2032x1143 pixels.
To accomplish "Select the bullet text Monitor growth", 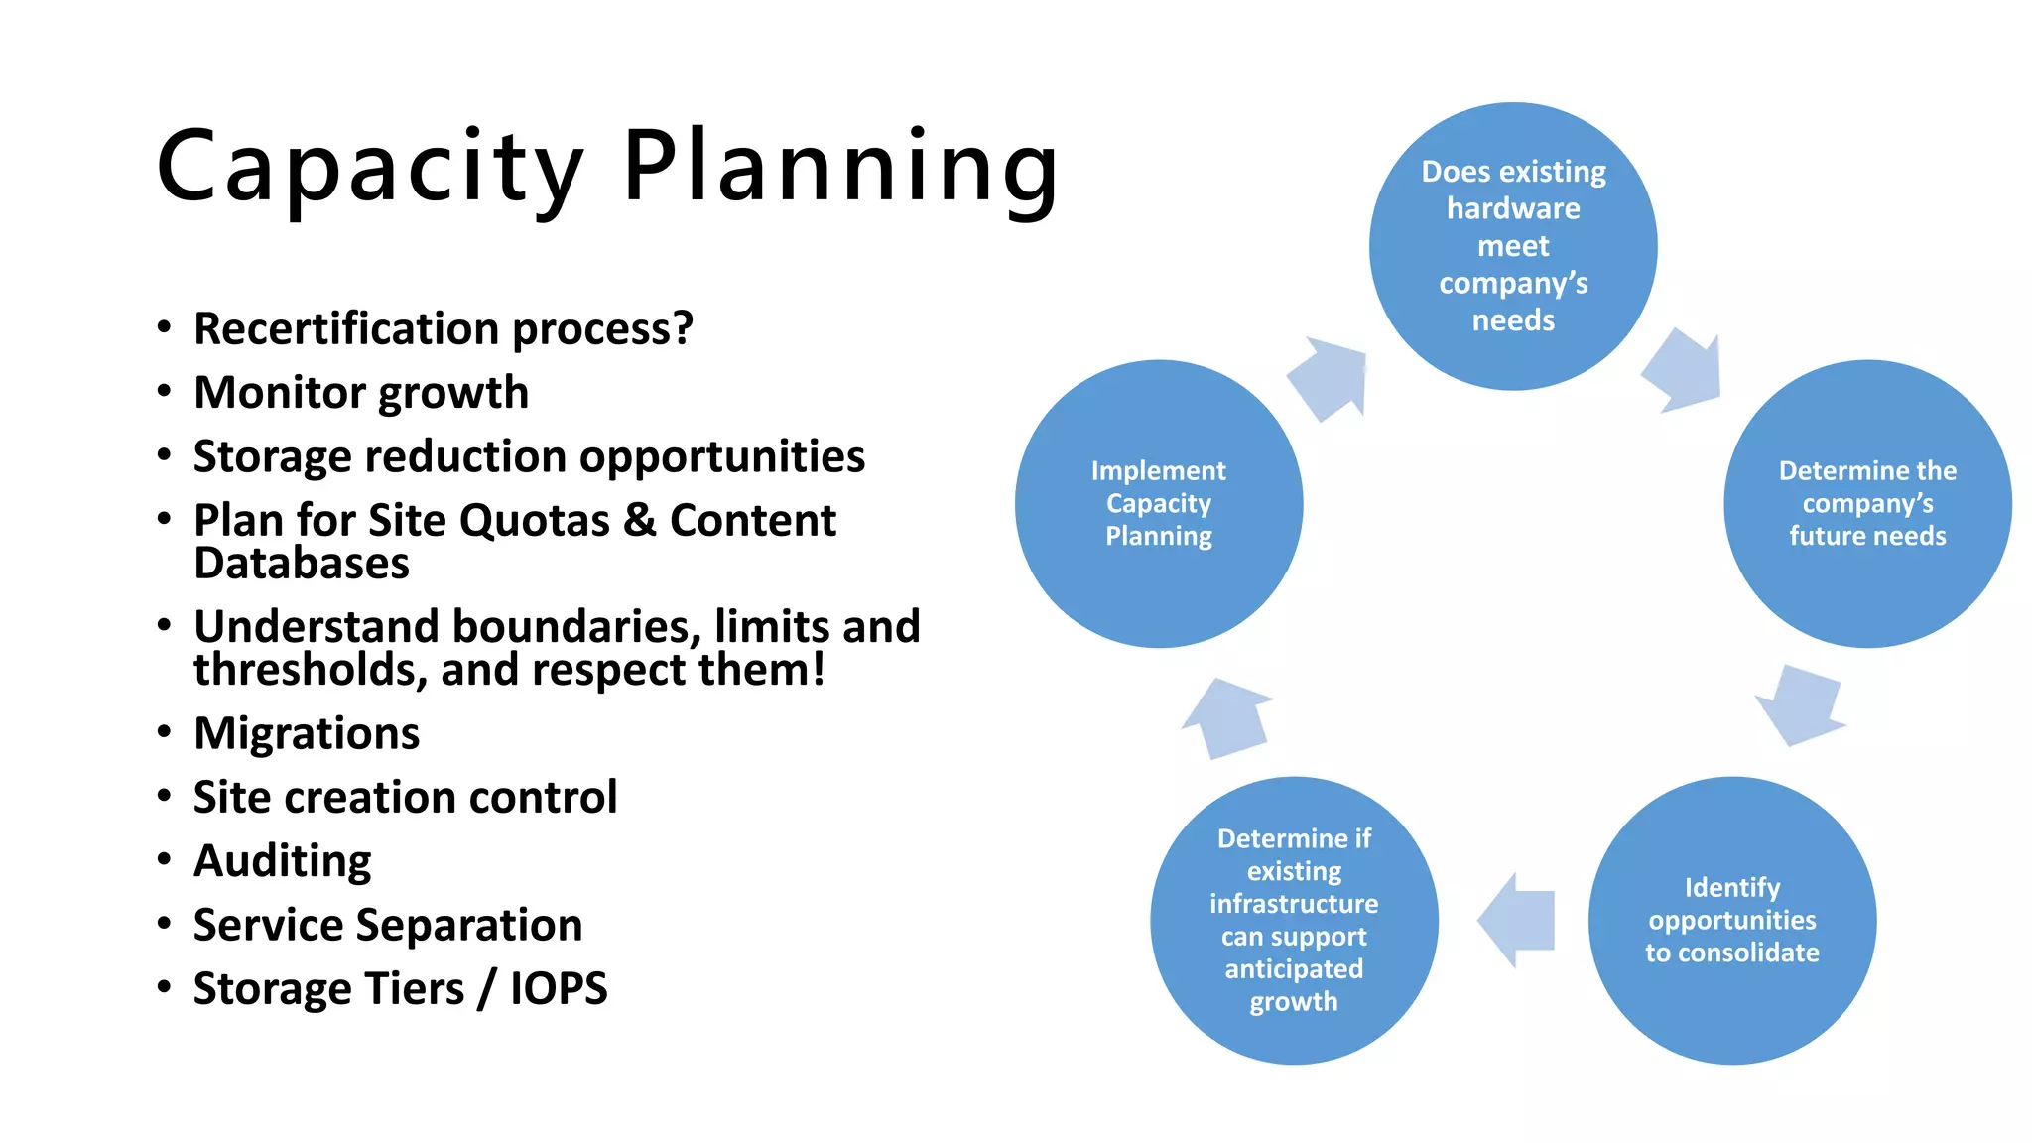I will click(361, 393).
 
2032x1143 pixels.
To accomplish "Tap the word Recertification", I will click(347, 329).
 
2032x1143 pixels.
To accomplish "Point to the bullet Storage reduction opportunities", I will click(529, 457).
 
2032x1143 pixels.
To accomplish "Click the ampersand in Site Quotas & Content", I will click(640, 520).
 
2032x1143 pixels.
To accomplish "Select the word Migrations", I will click(307, 734).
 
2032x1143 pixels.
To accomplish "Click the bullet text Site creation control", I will click(405, 798).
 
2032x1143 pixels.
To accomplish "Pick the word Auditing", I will click(283, 861).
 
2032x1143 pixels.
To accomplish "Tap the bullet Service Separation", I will click(388, 926).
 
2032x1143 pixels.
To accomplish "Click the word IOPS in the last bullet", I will click(559, 989).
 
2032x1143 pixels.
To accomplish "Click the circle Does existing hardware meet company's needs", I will click(1513, 246).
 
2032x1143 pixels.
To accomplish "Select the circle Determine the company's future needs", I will click(1867, 503).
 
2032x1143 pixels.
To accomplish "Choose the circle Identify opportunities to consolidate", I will click(1732, 920).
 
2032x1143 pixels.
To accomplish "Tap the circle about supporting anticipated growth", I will click(1294, 920).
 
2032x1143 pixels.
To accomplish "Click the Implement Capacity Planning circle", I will click(1159, 503).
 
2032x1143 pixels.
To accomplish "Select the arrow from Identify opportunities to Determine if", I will click(1515, 920).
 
